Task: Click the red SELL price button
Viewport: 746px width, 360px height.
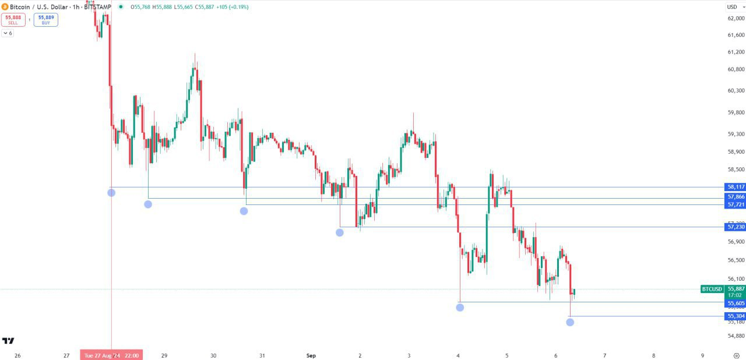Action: [13, 20]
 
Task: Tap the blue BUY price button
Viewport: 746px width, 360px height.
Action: [46, 20]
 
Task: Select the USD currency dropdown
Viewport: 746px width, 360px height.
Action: [732, 7]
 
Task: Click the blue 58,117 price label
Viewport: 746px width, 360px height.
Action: [736, 187]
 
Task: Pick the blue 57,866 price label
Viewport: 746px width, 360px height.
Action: [736, 197]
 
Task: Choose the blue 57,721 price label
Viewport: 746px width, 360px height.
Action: [736, 204]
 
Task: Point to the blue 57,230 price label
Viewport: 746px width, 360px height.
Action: [736, 227]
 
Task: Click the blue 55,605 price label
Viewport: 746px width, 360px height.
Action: [736, 303]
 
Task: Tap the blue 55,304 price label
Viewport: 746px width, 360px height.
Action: [736, 316]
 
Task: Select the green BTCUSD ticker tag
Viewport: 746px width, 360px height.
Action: [712, 289]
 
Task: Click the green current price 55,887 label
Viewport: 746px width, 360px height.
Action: [736, 289]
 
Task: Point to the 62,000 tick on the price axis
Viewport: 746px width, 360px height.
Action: [736, 18]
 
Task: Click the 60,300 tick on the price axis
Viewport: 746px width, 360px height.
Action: [736, 91]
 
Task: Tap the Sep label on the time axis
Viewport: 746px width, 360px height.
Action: [311, 355]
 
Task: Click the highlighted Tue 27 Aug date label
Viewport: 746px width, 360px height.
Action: [111, 355]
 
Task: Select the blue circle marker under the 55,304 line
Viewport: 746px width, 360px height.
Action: [570, 322]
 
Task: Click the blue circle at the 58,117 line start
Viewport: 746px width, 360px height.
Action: [111, 193]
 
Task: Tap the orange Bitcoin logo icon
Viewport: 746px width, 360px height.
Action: [5, 7]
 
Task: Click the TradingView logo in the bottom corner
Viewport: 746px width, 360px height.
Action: [8, 341]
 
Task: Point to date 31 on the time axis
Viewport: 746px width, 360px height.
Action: [262, 355]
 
